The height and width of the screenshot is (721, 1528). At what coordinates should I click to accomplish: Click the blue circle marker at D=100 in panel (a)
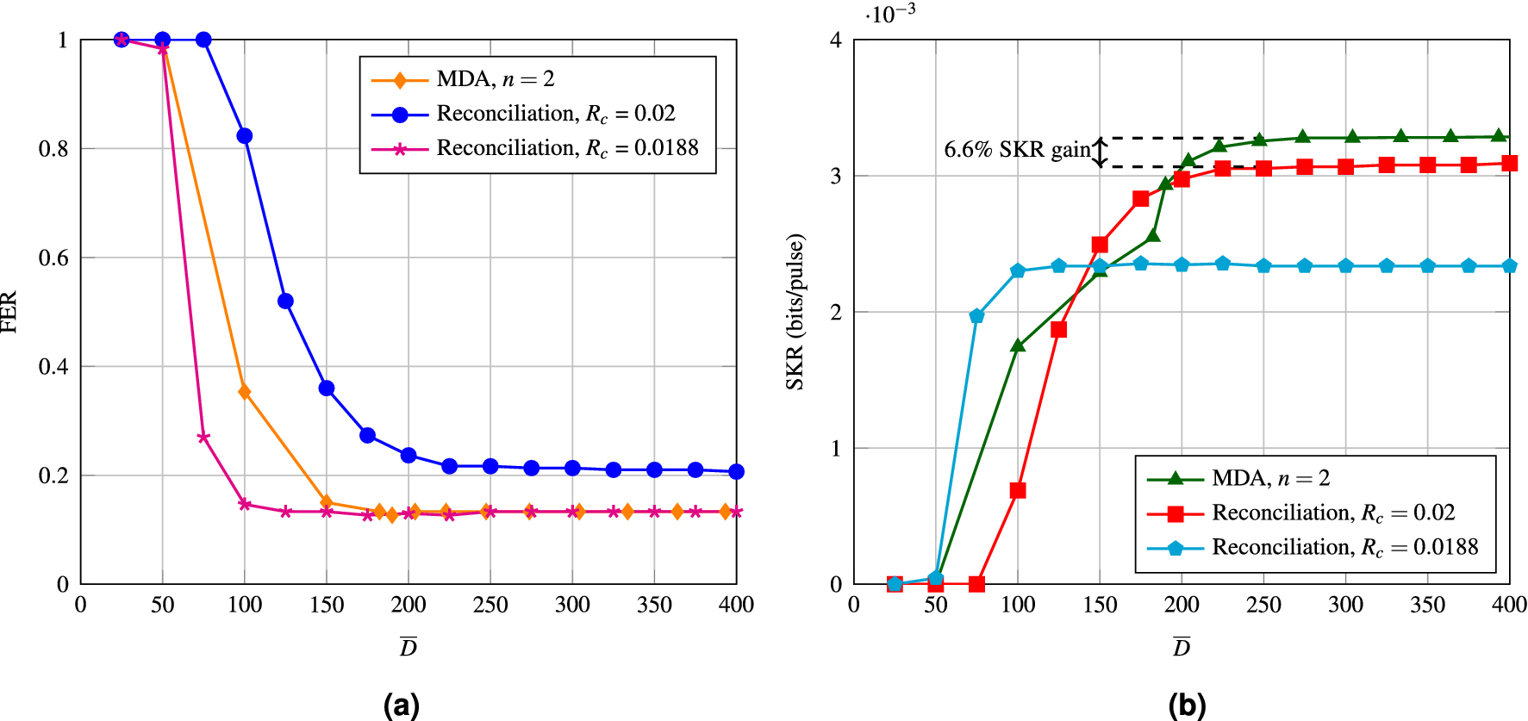[x=245, y=136]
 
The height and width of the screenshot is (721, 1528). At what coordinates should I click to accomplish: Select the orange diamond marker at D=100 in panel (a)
[x=245, y=392]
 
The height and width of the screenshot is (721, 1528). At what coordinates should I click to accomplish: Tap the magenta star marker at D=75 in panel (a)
[x=203, y=438]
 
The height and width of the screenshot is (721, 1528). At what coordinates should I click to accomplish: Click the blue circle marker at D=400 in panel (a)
[x=736, y=471]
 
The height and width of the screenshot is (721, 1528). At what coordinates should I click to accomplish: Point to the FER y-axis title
[x=9, y=312]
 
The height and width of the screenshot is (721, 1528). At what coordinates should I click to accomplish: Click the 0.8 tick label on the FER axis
[x=53, y=149]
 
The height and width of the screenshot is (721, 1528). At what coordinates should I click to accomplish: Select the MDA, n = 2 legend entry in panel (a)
[x=495, y=79]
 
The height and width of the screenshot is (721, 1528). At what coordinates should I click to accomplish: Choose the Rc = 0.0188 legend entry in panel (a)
[x=567, y=148]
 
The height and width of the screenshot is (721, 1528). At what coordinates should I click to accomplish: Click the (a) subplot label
[x=401, y=704]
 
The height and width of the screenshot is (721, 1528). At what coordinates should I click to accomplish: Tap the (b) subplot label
[x=1187, y=704]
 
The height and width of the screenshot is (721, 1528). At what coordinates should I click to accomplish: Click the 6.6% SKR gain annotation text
[x=1017, y=150]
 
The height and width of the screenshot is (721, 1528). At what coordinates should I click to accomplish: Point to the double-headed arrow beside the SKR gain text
[x=1100, y=152]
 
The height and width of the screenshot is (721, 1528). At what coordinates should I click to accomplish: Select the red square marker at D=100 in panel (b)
[x=1018, y=490]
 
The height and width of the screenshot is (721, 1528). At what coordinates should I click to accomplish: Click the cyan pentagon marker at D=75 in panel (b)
[x=976, y=316]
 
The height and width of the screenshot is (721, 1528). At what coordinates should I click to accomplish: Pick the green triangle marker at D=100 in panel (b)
[x=1018, y=345]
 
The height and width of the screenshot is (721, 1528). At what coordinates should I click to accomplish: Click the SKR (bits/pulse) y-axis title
[x=795, y=312]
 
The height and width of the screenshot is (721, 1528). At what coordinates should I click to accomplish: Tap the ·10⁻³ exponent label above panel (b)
[x=890, y=15]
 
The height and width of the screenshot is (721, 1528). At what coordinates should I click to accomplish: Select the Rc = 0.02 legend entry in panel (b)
[x=1332, y=513]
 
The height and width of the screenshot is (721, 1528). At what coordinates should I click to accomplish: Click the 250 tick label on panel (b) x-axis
[x=1263, y=605]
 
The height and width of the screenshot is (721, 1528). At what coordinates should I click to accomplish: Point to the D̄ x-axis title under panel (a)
[x=409, y=647]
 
